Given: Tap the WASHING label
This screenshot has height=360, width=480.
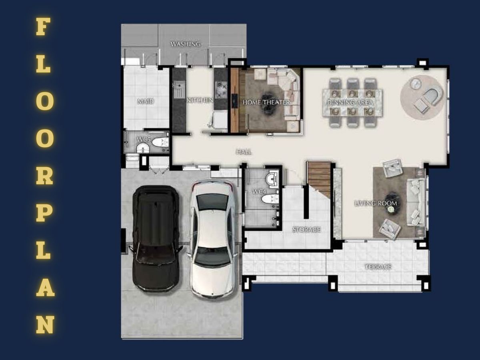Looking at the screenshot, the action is click(x=186, y=44).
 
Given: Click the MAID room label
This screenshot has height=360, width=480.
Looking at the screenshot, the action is click(x=146, y=101).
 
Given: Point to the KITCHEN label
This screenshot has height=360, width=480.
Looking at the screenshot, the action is click(x=200, y=100).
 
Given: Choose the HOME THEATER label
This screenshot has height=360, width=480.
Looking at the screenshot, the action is click(x=266, y=102).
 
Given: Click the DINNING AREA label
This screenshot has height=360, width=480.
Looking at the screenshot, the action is click(x=350, y=102).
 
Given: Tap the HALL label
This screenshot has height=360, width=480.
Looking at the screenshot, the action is click(x=244, y=152).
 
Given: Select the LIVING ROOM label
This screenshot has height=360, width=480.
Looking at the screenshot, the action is click(x=376, y=203).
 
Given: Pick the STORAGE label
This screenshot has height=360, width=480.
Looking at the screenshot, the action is click(x=306, y=230).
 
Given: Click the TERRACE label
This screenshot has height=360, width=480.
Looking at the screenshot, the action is click(x=378, y=267).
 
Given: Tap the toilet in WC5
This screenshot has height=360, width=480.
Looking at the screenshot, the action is click(x=160, y=142).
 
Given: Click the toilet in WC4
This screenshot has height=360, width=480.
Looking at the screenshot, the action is click(x=270, y=199).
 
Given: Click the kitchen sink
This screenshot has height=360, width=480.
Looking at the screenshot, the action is click(x=179, y=89).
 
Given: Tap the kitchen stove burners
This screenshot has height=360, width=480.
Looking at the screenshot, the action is click(x=221, y=89).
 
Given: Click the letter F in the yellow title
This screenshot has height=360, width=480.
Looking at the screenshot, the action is click(x=43, y=26).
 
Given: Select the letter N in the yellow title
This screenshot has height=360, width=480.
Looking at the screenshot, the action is click(x=45, y=324).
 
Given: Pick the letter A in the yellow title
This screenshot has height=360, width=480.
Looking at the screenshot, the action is click(x=45, y=288).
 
